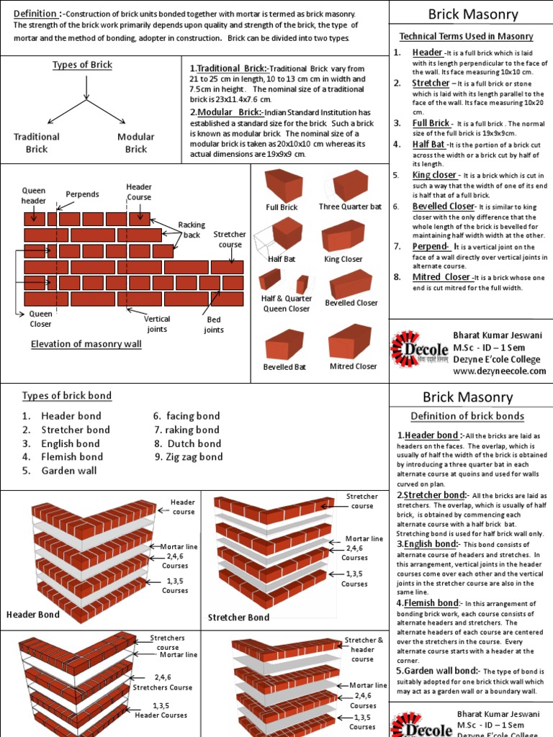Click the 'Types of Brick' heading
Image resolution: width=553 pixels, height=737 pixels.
click(x=82, y=65)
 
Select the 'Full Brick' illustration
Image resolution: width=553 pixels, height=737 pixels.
click(x=283, y=185)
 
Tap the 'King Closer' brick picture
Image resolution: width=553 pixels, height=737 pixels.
click(x=344, y=236)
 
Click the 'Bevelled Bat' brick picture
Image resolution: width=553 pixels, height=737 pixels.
click(x=284, y=345)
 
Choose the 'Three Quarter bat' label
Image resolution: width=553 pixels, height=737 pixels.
click(x=351, y=207)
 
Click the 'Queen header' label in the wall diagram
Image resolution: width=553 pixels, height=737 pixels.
click(x=33, y=196)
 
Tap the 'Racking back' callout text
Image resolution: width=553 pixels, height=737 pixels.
click(x=192, y=230)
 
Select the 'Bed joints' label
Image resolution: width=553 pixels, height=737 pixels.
click(x=213, y=325)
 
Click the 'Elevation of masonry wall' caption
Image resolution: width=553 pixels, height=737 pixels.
click(x=86, y=344)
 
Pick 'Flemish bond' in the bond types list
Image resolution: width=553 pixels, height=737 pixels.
click(x=72, y=457)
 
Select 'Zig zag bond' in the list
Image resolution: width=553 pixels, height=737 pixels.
click(x=194, y=457)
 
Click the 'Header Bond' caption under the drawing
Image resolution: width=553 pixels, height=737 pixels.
click(x=33, y=615)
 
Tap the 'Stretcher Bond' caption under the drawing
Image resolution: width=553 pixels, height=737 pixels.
click(x=238, y=618)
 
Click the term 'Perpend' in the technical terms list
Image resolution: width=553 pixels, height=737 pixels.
click(x=430, y=246)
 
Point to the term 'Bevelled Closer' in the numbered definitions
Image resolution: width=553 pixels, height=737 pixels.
click(x=443, y=207)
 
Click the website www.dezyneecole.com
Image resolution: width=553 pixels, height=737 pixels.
click(x=500, y=371)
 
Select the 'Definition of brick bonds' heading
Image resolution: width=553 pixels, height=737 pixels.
click(x=467, y=416)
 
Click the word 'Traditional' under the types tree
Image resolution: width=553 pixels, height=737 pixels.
click(x=37, y=137)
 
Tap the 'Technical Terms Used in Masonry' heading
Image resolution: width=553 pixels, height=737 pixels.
click(x=467, y=36)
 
